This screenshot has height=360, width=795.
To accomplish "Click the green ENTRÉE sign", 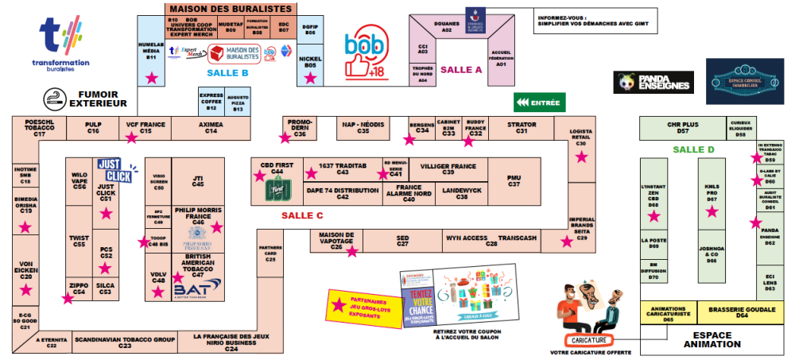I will (537, 103).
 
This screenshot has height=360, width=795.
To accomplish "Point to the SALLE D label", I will (693, 149).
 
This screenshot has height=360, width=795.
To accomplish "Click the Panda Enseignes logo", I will (653, 81).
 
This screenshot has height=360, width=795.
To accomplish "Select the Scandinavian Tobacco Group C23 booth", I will (124, 342).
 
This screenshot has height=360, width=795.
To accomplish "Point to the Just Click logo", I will (114, 171).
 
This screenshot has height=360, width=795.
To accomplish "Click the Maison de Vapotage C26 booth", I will (336, 242).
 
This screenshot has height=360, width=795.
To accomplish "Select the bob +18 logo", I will (364, 55).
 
